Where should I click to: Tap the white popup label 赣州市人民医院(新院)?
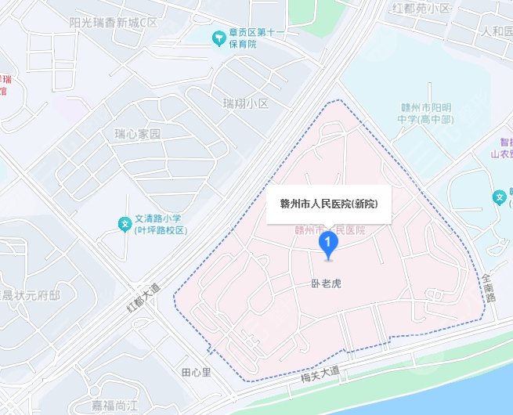click(329, 204)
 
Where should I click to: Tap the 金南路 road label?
click(490, 287)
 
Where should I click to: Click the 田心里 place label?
click(196, 371)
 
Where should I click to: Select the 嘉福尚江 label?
click(114, 405)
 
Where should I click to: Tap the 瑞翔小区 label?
click(245, 103)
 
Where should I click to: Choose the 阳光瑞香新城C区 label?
click(114, 23)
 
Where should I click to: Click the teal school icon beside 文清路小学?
click(124, 225)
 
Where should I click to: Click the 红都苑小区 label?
click(421, 8)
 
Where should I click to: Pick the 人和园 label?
click(497, 31)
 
